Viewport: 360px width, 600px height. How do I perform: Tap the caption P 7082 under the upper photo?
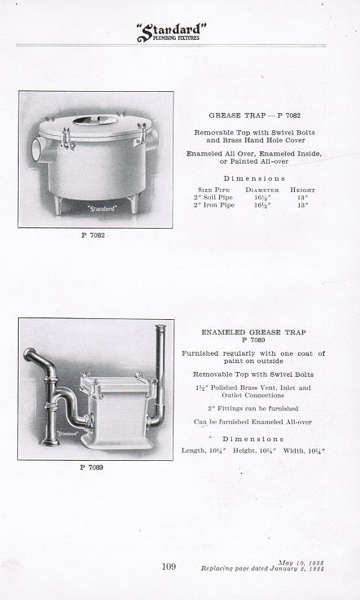(94, 235)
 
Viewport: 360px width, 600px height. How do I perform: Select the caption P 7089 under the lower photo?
(93, 468)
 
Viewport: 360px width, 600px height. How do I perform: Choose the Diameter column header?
(261, 190)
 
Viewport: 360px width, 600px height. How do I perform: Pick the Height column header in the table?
(304, 190)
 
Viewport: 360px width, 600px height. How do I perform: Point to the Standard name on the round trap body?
(99, 208)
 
